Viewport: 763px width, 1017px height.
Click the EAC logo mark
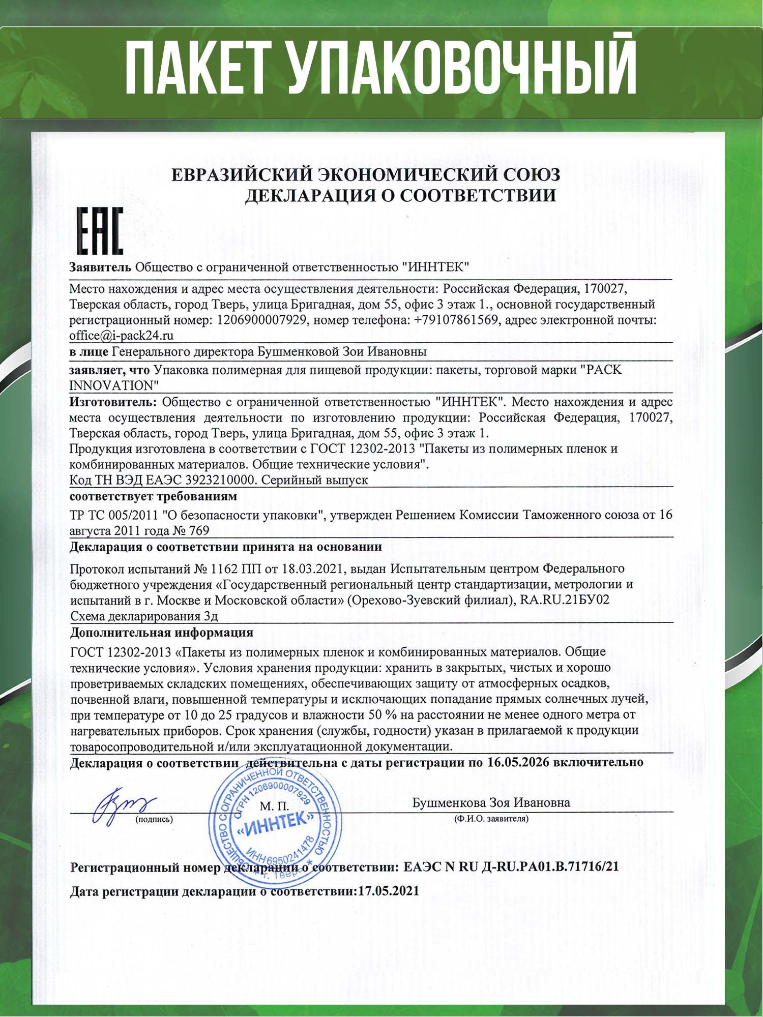click(100, 231)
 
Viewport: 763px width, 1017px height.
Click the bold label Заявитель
click(101, 267)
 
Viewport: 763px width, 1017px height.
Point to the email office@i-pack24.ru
click(122, 336)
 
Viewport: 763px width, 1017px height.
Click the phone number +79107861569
click(455, 320)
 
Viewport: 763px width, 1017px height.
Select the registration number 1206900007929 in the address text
click(261, 320)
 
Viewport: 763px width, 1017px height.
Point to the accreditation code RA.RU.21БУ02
click(565, 600)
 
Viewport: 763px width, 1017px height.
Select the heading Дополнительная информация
click(161, 633)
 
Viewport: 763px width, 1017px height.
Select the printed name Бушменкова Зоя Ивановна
click(491, 802)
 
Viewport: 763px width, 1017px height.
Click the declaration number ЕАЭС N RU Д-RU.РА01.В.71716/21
click(511, 867)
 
